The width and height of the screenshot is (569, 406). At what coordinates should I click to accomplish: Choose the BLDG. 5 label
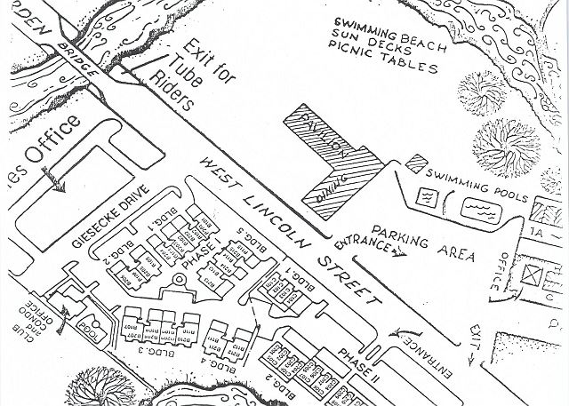tap(255, 244)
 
